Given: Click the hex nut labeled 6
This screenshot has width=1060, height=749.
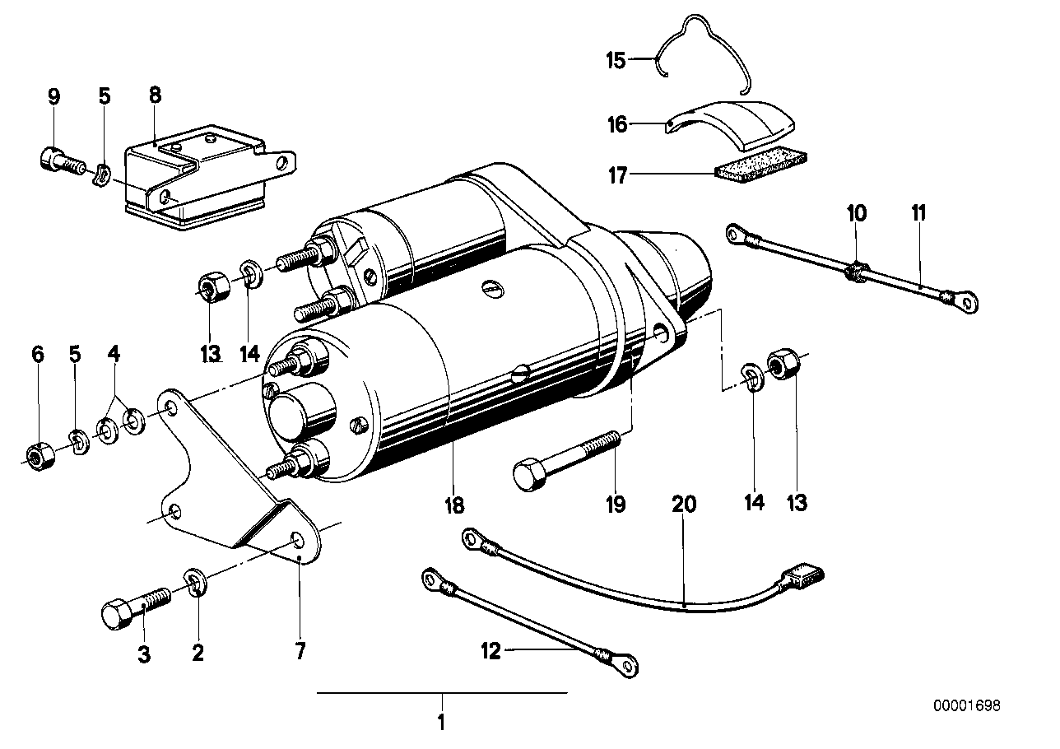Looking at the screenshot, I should point(37,455).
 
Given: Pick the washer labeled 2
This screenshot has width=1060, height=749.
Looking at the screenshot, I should point(197,584).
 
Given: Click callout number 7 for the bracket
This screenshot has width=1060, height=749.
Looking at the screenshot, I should point(300,652).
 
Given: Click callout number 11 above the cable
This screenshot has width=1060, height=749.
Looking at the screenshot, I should point(919,213).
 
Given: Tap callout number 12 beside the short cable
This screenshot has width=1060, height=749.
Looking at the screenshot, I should point(491,651).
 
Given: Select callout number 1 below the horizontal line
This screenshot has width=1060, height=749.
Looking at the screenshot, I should point(441,723).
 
